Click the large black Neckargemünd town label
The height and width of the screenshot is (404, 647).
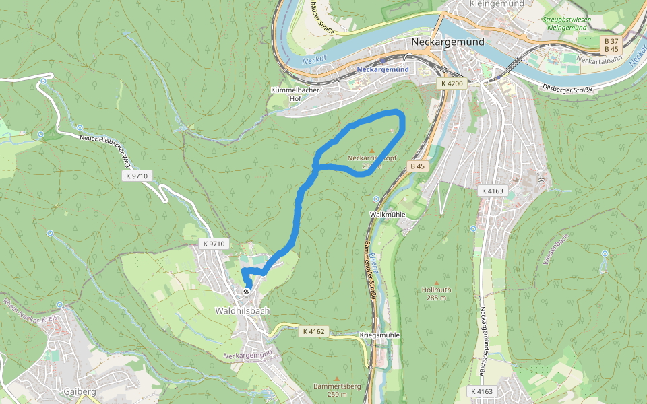pyautogui.click(x=447, y=42)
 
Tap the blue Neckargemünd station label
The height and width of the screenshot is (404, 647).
pyautogui.click(x=383, y=69)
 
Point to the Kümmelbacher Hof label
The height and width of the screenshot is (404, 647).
pyautogui.click(x=295, y=94)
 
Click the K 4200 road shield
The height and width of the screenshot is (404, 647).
pyautogui.click(x=451, y=83)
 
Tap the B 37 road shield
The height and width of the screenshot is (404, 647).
pyautogui.click(x=611, y=41)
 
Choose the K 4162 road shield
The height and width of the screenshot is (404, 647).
pyautogui.click(x=313, y=331)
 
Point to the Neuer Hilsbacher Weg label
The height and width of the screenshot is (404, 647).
pyautogui.click(x=104, y=149)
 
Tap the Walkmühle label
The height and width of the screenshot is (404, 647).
pyautogui.click(x=387, y=214)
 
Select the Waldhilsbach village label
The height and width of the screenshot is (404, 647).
pyautogui.click(x=242, y=311)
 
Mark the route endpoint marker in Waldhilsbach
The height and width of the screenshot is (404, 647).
pyautogui.click(x=247, y=291)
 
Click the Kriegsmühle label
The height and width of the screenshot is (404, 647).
pyautogui.click(x=380, y=335)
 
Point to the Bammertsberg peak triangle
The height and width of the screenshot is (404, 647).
pyautogui.click(x=337, y=378)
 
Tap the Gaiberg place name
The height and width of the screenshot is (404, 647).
pyautogui.click(x=80, y=391)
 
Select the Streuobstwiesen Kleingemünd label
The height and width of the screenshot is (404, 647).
pyautogui.click(x=566, y=24)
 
